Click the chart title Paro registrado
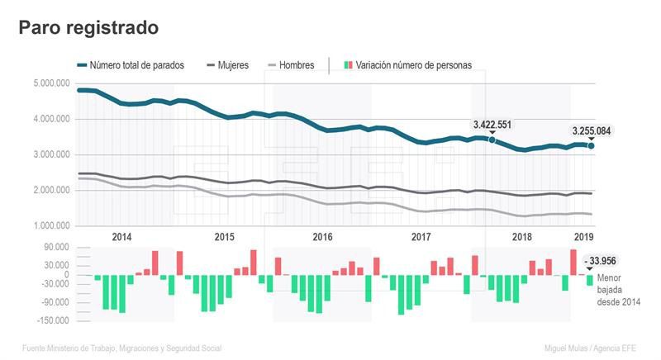(88, 28)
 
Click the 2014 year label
(121, 237)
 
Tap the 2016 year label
(322, 237)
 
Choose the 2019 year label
(584, 237)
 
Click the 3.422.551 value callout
(492, 125)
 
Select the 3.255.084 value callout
(592, 130)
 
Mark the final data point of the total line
(591, 146)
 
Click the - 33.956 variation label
(602, 261)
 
